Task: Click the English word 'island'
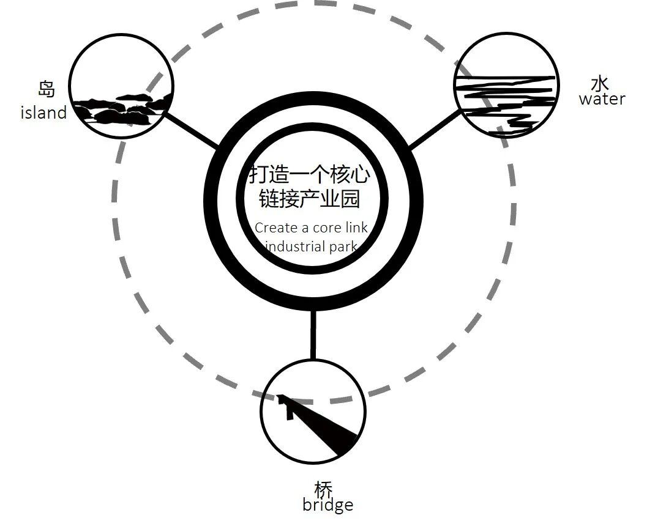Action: [43, 113]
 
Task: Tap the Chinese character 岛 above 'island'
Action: [46, 89]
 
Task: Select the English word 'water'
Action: [602, 99]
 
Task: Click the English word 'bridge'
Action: [327, 505]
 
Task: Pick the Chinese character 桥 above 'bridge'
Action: [324, 489]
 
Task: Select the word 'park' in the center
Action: [343, 246]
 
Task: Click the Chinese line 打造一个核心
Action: [309, 175]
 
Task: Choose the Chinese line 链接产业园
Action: [309, 199]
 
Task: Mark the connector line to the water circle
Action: [435, 130]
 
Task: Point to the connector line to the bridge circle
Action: [313, 334]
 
